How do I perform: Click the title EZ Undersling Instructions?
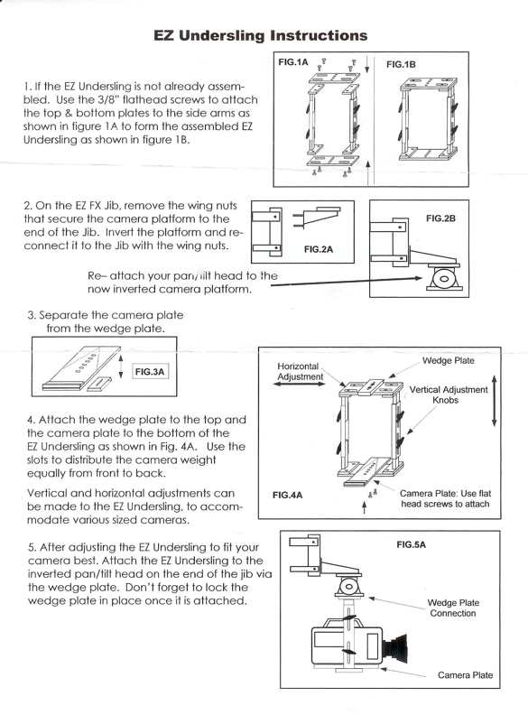pyautogui.click(x=261, y=35)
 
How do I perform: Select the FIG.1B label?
pyautogui.click(x=401, y=65)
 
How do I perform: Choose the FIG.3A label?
pyautogui.click(x=152, y=371)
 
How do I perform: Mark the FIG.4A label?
pyautogui.click(x=287, y=495)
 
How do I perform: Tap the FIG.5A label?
pyautogui.click(x=411, y=544)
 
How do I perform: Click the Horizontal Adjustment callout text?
pyautogui.click(x=300, y=371)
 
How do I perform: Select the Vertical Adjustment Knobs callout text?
pyautogui.click(x=449, y=394)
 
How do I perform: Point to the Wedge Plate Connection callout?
pyautogui.click(x=454, y=608)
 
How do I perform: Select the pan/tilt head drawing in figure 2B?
pyautogui.click(x=445, y=279)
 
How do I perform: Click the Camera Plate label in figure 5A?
pyautogui.click(x=465, y=674)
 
